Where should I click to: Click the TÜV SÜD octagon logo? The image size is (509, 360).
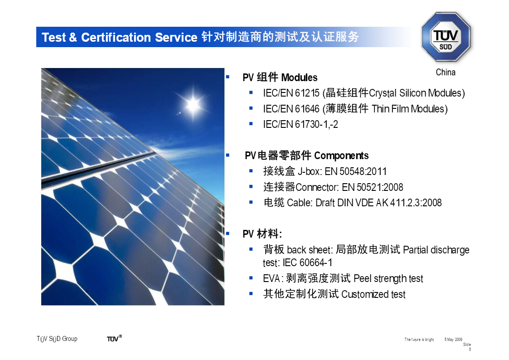[446, 37]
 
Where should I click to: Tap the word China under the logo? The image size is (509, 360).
[446, 72]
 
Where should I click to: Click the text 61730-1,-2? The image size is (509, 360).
[316, 124]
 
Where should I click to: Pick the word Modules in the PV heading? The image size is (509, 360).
[299, 78]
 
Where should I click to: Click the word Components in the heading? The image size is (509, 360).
[341, 156]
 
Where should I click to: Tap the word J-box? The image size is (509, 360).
[310, 171]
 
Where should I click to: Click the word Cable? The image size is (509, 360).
[300, 203]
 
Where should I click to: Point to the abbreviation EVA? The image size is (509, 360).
[271, 278]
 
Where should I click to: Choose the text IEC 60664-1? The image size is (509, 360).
[307, 263]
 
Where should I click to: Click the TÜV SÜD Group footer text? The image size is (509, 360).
[57, 339]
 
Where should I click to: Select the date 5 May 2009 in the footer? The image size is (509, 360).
[453, 340]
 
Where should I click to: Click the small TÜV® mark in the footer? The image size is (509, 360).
[114, 338]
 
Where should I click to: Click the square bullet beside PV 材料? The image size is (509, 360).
[228, 234]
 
